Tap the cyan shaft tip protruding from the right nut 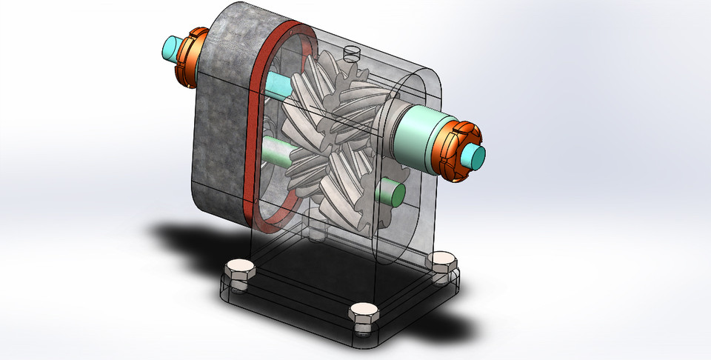pyautogui.click(x=475, y=156)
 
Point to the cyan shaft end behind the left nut pyautogui.click(x=171, y=50)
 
